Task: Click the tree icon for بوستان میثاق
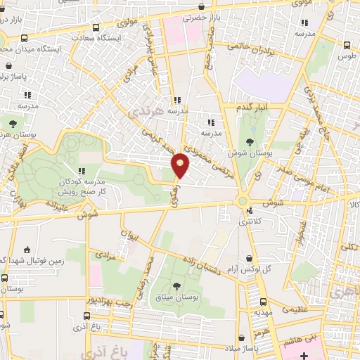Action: click(x=175, y=285)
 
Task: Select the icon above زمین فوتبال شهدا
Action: click(x=27, y=250)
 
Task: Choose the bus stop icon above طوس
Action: click(x=345, y=45)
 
